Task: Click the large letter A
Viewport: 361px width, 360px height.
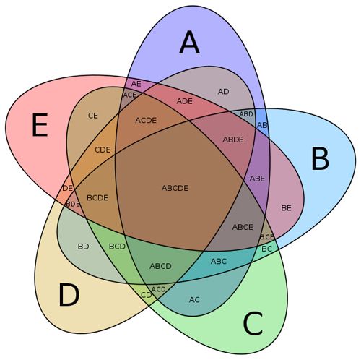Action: tap(189, 43)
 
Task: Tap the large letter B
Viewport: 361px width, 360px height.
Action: tap(320, 159)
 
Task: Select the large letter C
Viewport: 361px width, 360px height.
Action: tap(253, 323)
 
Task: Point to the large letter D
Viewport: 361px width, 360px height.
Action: tap(69, 295)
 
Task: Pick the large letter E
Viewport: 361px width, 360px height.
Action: tap(40, 126)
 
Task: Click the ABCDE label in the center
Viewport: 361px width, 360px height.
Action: tap(175, 188)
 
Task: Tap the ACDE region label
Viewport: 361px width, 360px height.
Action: tap(146, 120)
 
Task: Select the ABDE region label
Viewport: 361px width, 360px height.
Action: tap(233, 140)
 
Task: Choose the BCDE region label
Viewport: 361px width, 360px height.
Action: tap(97, 198)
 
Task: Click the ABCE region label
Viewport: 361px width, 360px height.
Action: tap(243, 227)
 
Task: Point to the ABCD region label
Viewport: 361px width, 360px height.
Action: tap(160, 266)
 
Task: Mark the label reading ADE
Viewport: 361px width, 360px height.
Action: tap(185, 101)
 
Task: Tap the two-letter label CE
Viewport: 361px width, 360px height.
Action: tap(93, 116)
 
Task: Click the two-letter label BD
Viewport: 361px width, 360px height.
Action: tap(84, 247)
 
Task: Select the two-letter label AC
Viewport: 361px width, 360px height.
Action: tap(194, 300)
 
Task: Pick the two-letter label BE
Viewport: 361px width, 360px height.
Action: tap(286, 208)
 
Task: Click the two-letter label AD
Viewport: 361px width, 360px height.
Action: tap(223, 92)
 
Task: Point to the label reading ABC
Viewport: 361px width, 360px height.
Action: tap(219, 261)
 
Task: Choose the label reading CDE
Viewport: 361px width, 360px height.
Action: tap(103, 150)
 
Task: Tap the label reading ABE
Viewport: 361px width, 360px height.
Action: tap(257, 179)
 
